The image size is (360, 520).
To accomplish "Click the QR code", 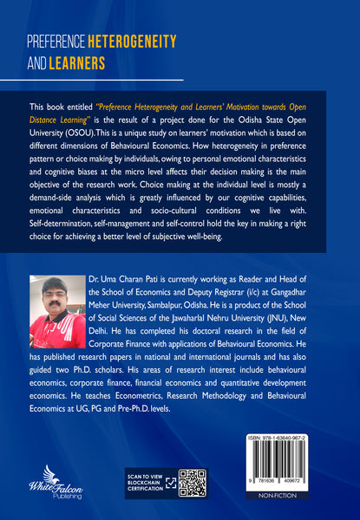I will (x=192, y=483).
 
